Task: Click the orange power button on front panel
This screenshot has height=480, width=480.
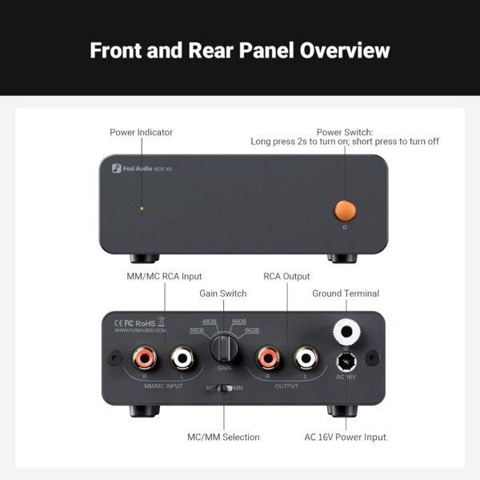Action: click(x=345, y=210)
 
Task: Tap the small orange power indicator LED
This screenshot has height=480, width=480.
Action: click(x=142, y=208)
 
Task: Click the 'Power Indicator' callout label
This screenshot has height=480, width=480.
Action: click(x=141, y=132)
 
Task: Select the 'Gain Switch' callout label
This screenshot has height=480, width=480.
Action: click(x=222, y=294)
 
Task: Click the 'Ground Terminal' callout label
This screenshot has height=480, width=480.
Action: click(x=346, y=294)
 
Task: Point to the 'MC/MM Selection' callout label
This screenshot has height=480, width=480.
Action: click(x=223, y=437)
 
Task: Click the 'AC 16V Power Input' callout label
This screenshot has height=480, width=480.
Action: click(x=345, y=437)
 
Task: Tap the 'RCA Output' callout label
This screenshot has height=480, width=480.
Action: click(x=286, y=276)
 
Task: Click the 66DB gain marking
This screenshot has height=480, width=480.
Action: click(x=251, y=330)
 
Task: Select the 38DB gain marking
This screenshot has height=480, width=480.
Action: click(x=196, y=330)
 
